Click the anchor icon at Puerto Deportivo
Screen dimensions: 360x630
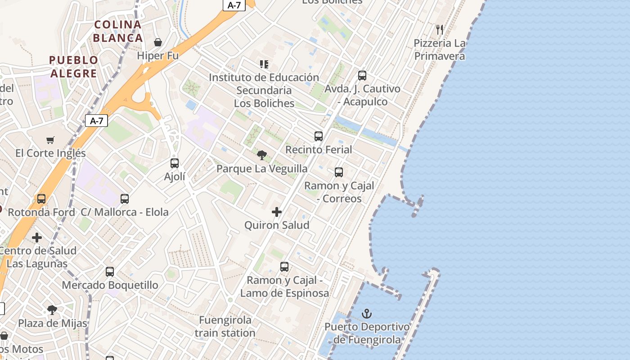[x=367, y=313]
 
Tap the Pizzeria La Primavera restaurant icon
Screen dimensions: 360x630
[x=440, y=30]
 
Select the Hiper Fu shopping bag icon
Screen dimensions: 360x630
[x=158, y=42]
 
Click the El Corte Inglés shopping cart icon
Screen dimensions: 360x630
[x=50, y=140]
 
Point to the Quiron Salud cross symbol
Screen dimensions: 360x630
[x=277, y=212]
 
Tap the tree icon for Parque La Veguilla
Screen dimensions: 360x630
[x=261, y=155]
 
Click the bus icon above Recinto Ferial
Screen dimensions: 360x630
[x=319, y=136]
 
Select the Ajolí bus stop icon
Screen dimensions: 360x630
[x=175, y=163]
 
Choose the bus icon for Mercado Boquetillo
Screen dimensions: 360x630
[x=110, y=271]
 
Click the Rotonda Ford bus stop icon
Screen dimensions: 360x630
[x=41, y=198]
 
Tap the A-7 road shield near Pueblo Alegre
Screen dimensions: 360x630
[x=96, y=121]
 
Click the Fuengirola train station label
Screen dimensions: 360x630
[x=225, y=327]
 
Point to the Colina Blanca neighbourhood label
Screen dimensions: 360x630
[x=118, y=31]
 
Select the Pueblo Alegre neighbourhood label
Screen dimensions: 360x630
[x=73, y=67]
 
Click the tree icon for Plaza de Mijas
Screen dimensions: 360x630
[x=52, y=310]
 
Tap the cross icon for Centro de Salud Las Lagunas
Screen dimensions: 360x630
[x=37, y=237]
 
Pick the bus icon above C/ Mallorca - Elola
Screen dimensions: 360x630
[x=125, y=198]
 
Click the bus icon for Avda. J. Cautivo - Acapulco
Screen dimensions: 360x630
[x=362, y=76]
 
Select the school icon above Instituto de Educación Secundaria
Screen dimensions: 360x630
[x=264, y=64]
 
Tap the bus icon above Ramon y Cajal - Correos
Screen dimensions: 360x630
[x=339, y=172]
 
